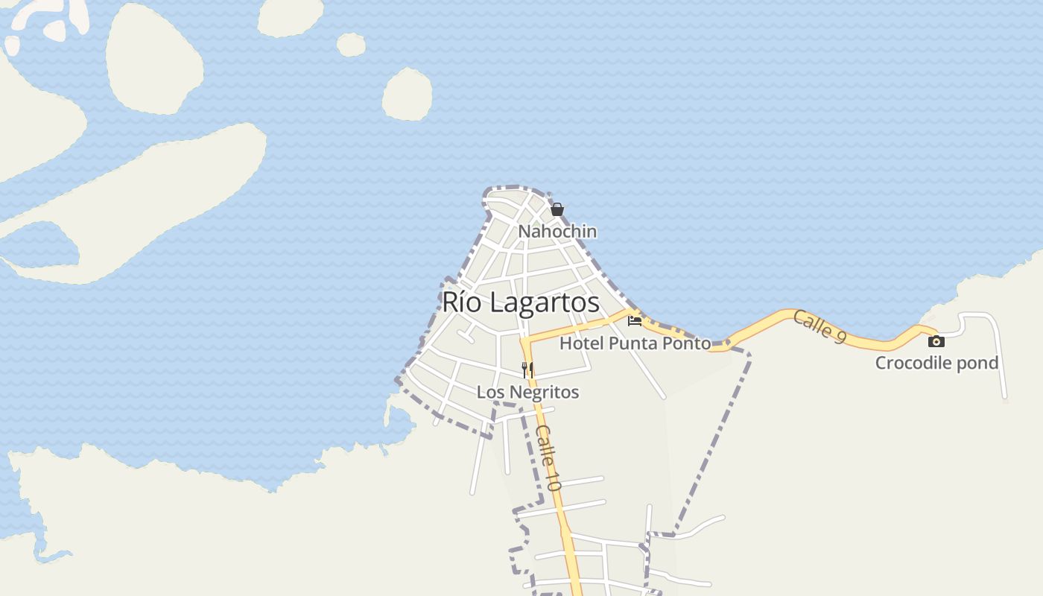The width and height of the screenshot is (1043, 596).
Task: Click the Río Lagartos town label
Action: (x=520, y=302)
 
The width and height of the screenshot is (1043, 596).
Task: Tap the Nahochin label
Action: (x=557, y=232)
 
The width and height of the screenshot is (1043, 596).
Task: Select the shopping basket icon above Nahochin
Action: (x=557, y=209)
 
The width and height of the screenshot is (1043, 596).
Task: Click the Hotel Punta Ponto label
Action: (x=635, y=343)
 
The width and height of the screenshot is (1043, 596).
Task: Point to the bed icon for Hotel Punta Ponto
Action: (x=635, y=321)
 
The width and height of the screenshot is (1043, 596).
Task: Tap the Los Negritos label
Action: (x=527, y=392)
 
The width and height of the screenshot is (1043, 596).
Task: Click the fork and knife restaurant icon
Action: (x=527, y=369)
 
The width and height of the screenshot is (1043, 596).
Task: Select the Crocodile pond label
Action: (x=936, y=363)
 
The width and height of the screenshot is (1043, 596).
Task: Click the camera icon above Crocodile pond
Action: (x=936, y=341)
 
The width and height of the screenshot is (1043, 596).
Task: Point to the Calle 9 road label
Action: (x=819, y=326)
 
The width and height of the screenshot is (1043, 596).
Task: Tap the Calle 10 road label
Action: (x=548, y=457)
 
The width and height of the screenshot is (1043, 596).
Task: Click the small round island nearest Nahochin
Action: (x=408, y=95)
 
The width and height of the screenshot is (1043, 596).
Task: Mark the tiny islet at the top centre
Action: (x=351, y=45)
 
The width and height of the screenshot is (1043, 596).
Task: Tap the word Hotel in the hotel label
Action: (x=582, y=343)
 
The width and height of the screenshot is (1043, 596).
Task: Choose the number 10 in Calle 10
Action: (x=551, y=479)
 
